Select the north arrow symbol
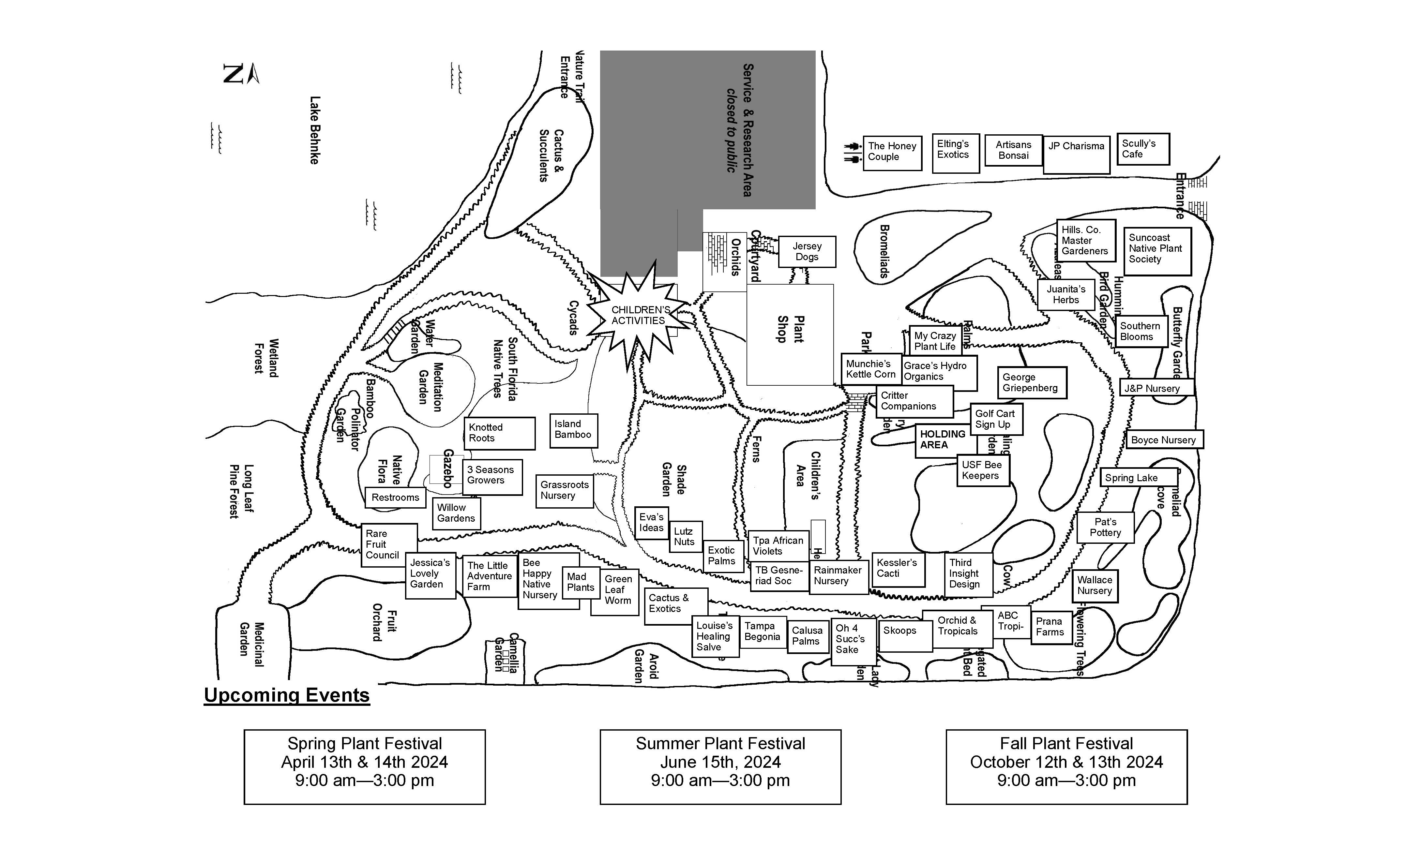point(241,74)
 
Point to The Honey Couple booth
point(892,152)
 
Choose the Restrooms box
point(395,497)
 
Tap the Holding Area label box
point(944,440)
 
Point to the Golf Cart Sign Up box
point(996,419)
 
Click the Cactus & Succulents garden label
point(551,156)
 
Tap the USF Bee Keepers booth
point(983,470)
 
